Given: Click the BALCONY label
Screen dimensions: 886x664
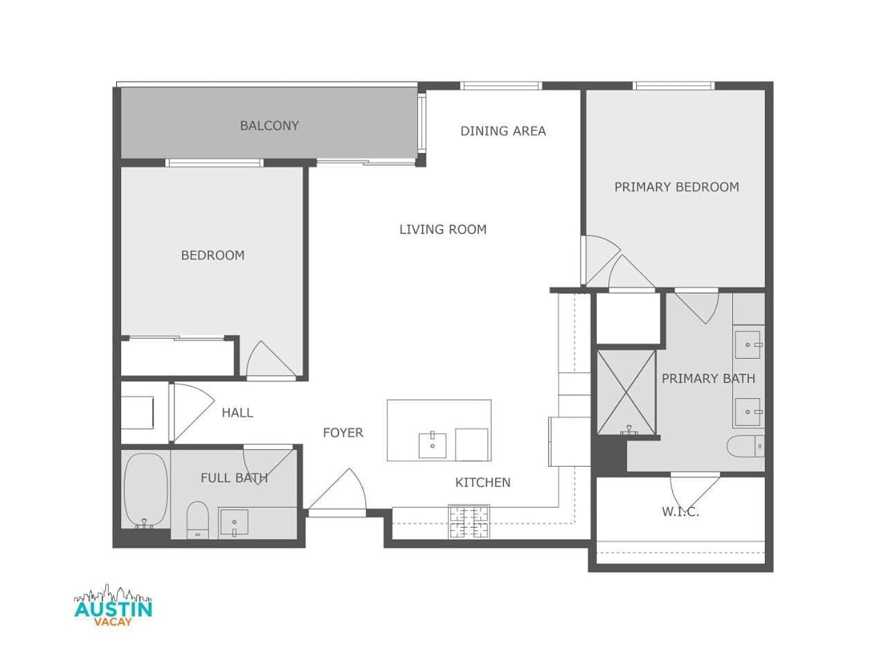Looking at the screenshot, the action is (x=269, y=125).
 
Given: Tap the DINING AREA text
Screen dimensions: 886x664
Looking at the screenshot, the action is (x=503, y=131).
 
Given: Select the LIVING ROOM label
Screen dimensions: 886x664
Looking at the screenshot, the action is (x=443, y=229).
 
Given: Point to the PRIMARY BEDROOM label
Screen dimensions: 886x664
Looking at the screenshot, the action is (x=676, y=187).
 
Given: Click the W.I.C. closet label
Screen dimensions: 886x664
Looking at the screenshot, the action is (x=680, y=512).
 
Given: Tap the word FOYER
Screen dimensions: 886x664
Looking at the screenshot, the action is (x=343, y=433).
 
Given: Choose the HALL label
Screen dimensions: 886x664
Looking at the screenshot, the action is (x=237, y=413).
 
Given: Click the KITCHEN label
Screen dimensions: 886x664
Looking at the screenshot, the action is (x=482, y=483).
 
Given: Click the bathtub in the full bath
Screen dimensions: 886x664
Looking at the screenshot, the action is (x=145, y=490).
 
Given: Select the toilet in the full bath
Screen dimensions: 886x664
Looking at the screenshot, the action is (x=197, y=520).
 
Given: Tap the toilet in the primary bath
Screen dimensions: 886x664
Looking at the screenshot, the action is (x=745, y=446).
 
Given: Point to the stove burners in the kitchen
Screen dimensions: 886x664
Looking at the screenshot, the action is (x=469, y=521).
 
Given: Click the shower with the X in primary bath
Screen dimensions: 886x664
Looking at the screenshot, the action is (x=626, y=392).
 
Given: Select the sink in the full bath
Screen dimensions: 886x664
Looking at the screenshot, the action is (x=233, y=522).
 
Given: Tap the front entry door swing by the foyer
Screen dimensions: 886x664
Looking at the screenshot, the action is (x=338, y=490).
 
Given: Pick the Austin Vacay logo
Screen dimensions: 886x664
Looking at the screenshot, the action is (x=113, y=605).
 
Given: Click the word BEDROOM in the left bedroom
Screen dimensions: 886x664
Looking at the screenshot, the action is (x=213, y=255).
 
